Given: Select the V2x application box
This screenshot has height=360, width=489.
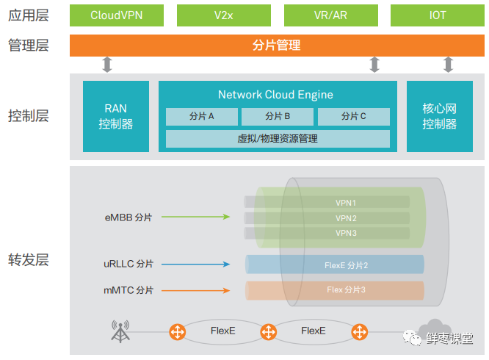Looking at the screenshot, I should [x=223, y=15].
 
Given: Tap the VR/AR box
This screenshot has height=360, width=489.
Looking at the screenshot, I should [x=330, y=15].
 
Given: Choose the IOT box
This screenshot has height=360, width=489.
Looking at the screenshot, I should [x=436, y=15].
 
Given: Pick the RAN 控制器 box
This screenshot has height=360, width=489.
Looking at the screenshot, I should [x=116, y=117].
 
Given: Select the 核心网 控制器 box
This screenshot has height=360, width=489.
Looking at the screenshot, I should [x=439, y=117].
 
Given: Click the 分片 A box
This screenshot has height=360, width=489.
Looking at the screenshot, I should [x=202, y=116].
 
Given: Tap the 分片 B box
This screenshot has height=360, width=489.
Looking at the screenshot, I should [x=278, y=116].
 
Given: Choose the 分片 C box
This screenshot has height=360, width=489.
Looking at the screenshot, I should [x=353, y=116].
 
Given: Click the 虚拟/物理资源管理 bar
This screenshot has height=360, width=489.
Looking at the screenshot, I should [x=278, y=138].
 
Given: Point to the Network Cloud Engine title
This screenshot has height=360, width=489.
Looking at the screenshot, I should [x=275, y=95].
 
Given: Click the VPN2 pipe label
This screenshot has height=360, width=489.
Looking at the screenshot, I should [x=346, y=218].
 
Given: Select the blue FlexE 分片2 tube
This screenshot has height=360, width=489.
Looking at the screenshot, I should [x=335, y=264].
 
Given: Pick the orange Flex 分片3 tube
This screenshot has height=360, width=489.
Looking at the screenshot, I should [x=335, y=290].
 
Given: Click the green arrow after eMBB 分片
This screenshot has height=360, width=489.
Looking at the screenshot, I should [x=195, y=217].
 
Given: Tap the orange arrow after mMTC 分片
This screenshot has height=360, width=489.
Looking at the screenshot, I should [x=195, y=290].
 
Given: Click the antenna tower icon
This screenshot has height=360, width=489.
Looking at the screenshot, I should [x=119, y=331].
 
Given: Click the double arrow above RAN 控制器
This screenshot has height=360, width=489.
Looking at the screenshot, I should [x=107, y=65].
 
